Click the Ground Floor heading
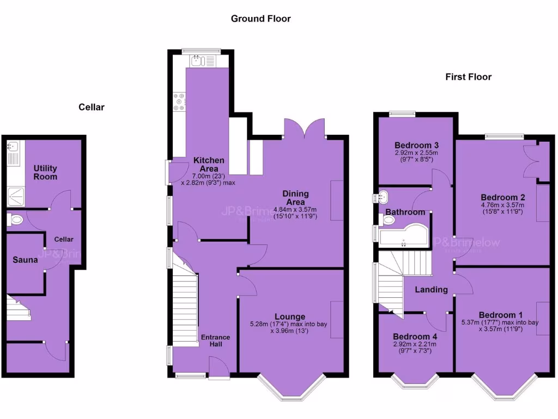260,19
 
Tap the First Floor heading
468,77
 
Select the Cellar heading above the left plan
91,107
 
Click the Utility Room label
45,172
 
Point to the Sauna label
25,260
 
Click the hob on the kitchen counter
178,102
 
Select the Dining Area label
295,197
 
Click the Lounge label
290,316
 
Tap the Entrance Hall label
215,341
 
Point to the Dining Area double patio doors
304,129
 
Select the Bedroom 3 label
417,145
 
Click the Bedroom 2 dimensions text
502,208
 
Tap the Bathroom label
405,212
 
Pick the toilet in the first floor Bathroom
388,220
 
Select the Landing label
431,290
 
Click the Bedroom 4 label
415,336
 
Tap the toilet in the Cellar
16,220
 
